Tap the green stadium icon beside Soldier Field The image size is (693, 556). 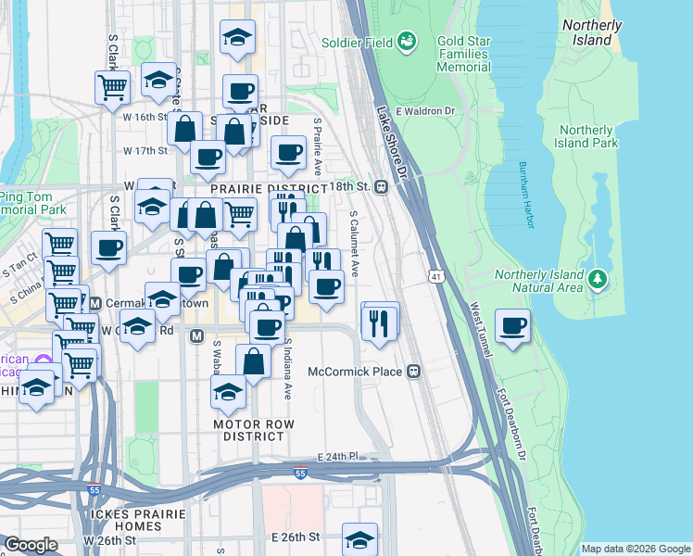coord(406,41)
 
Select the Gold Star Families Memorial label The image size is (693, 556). coord(450,55)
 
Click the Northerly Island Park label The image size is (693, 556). coord(587,137)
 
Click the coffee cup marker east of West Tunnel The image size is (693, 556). coord(513,325)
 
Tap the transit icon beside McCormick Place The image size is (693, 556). coord(414,372)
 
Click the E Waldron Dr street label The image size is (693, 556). coord(425,111)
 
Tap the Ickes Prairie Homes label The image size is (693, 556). coord(126,520)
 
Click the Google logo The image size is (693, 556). coord(31,545)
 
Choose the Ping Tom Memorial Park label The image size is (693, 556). coord(31,203)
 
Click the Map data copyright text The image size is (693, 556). coord(635,549)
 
